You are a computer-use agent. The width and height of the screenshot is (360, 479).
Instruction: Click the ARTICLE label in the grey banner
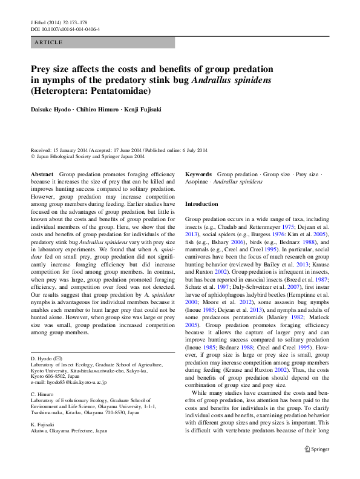click(x=49, y=42)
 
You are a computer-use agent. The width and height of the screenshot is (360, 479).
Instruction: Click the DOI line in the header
click(x=65, y=28)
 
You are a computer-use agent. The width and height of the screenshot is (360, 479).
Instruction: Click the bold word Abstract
click(x=42, y=174)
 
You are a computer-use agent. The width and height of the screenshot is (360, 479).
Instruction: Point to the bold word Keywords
click(x=198, y=174)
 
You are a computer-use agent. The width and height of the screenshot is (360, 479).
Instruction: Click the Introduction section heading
click(x=201, y=204)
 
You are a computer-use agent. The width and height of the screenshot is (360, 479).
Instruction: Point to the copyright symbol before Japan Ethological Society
click(x=33, y=156)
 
